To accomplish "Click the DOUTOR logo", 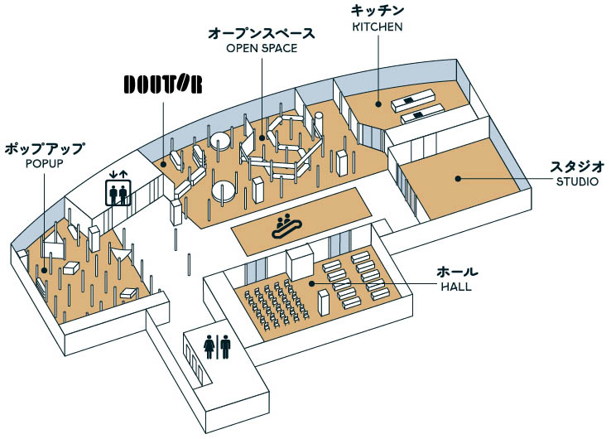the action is pos(163,84).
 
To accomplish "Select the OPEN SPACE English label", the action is pos(262,48).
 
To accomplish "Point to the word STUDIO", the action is pos(577,181).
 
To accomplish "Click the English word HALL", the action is pos(456,287).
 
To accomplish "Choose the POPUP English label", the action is pos(45,163).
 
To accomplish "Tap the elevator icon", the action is pos(118,193).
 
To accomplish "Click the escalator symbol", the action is pos(286,226).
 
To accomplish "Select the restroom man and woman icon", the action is pos(218,347).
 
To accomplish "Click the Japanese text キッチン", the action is pos(378,11).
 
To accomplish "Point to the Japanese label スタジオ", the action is pos(577,166).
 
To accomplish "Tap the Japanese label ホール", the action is pos(457,272).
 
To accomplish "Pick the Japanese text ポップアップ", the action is pos(45,148).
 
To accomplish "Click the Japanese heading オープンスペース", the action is pos(262,33).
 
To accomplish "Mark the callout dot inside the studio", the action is pos(459,179).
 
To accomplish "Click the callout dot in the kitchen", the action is pos(378,104).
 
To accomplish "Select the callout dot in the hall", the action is pos(312,283).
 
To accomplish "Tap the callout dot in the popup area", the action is pos(44,270).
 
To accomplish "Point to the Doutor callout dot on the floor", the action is pos(164,165).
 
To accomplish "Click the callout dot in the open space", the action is pos(262,137).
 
